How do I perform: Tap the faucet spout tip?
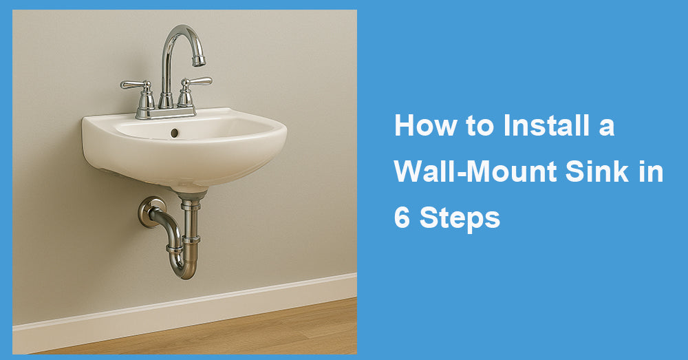pos(199,61)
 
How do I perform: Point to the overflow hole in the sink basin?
pos(175,132)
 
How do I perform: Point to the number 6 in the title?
pos(401,218)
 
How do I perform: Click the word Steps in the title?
pos(460,218)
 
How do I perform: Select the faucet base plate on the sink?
pos(166,112)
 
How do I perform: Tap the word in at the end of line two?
pos(649,172)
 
